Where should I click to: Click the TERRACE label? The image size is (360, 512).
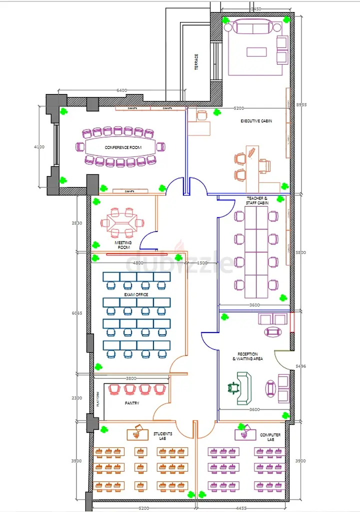(196, 62)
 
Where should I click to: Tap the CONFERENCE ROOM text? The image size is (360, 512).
(123, 147)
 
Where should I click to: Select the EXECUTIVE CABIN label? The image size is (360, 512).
(256, 121)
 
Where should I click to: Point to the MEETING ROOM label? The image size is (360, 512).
(123, 245)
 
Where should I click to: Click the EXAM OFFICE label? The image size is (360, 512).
(136, 294)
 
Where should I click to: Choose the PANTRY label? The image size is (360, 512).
(132, 403)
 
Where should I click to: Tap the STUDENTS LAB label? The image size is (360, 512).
(162, 436)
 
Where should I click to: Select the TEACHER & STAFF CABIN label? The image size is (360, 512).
(257, 201)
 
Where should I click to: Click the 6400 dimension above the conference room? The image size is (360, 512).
(122, 90)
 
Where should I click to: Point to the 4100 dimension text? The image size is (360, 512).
(39, 147)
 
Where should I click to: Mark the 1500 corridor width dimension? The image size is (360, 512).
(202, 263)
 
